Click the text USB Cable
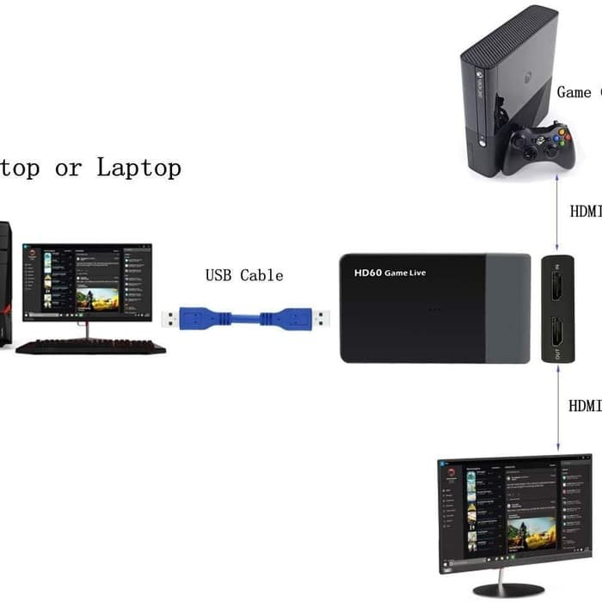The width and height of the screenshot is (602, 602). point(243,275)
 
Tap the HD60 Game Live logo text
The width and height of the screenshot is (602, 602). point(390,273)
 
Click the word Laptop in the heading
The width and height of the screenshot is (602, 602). point(138,167)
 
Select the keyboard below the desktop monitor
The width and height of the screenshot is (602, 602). point(90,347)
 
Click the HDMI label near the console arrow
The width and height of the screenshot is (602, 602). point(586,211)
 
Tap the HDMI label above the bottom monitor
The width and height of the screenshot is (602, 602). point(586,404)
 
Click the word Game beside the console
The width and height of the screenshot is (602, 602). point(574,92)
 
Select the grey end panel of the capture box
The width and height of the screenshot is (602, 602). point(507,308)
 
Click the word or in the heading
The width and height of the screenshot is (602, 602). point(68,168)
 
